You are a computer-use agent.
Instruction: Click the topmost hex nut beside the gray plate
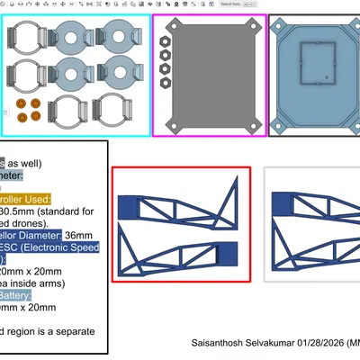(166, 40)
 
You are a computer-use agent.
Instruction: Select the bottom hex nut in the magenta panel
(166, 81)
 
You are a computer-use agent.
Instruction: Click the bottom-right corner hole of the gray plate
(252, 123)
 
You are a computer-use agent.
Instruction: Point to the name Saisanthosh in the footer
(221, 344)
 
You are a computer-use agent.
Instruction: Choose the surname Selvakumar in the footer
(273, 344)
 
